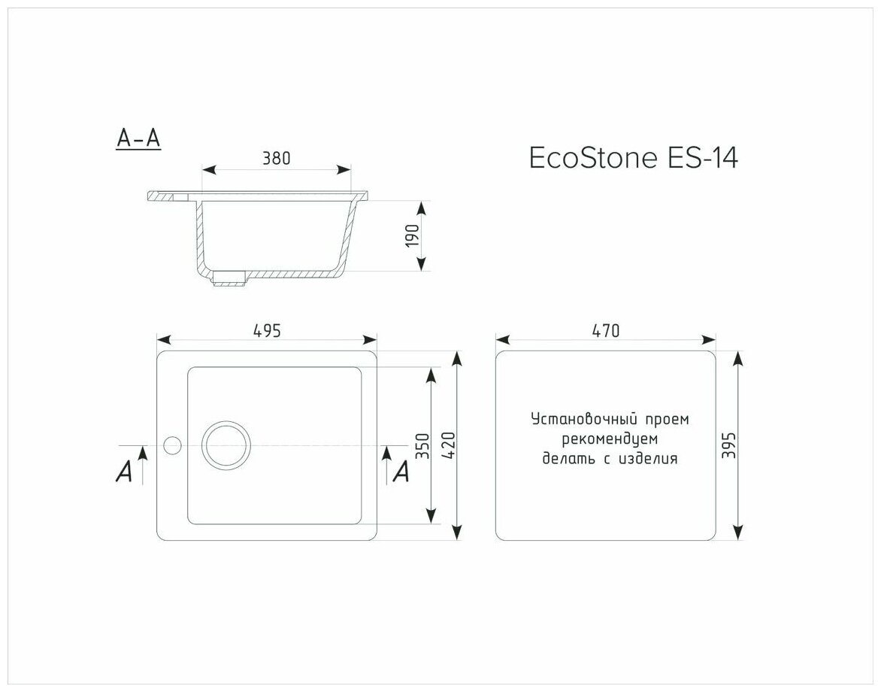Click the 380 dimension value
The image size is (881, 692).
(x=277, y=159)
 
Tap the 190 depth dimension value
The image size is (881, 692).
(x=413, y=236)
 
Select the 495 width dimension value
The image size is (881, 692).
(x=266, y=331)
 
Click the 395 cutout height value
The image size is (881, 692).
(x=728, y=445)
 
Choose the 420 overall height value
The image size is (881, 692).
(x=448, y=446)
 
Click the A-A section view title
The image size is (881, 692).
(x=138, y=138)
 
